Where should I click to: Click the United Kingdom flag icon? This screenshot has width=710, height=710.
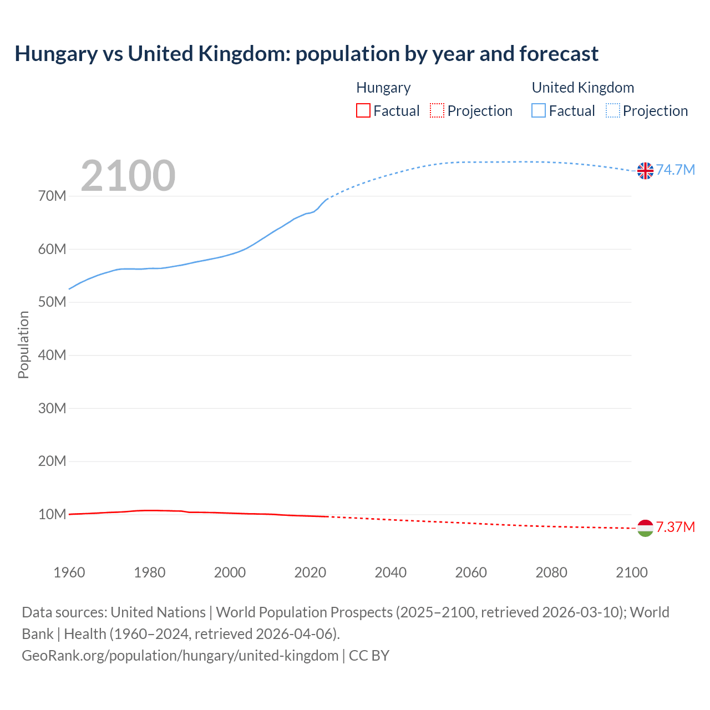pos(645,171)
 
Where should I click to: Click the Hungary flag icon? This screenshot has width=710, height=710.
pos(645,528)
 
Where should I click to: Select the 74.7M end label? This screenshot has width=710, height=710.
pos(676,170)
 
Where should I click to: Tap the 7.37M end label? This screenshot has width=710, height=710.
pos(676,527)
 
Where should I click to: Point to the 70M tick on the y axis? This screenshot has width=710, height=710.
pos(52,196)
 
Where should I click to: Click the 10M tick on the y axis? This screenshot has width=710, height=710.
pos(52,514)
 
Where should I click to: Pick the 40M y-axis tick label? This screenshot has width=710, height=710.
pos(52,355)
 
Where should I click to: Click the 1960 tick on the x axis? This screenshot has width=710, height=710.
pos(69,572)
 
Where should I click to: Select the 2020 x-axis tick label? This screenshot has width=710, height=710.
pos(310,572)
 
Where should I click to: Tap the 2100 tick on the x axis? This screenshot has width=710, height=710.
pos(632,572)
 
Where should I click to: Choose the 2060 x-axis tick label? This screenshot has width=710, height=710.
pos(471,572)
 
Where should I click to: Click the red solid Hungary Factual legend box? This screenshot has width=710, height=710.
pos(363,111)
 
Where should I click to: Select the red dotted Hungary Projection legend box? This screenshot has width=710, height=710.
pos(437,111)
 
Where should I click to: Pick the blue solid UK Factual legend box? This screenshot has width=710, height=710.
pos(539,111)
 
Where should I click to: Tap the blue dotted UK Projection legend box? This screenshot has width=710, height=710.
pos(613,111)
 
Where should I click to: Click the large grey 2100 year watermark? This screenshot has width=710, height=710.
pos(128,176)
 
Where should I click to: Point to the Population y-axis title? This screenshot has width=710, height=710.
pos(23,344)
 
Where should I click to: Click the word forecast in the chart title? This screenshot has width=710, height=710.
pos(559,54)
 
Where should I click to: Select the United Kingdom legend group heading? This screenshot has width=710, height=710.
pos(582,88)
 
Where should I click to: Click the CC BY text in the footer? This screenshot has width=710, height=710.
pos(369,656)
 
